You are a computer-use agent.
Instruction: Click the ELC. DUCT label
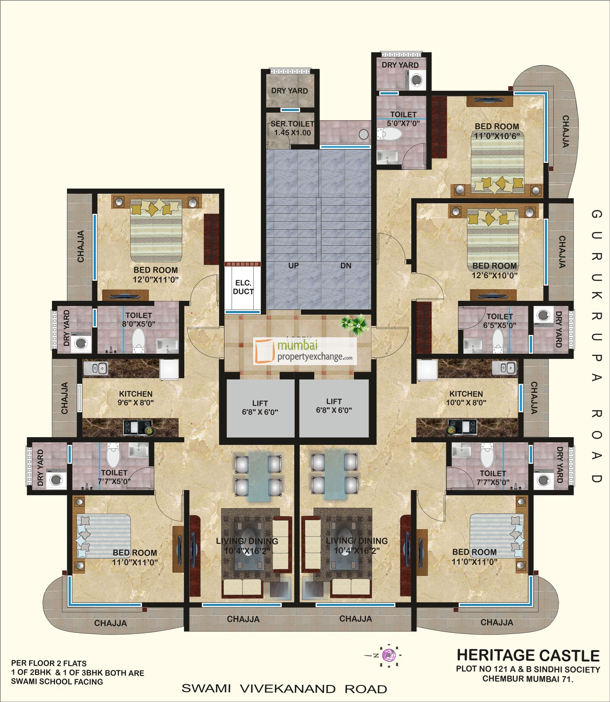click(243, 287)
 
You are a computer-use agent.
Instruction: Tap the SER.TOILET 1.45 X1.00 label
click(292, 128)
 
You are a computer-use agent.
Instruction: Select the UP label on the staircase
click(293, 266)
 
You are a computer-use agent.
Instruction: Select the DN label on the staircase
click(345, 266)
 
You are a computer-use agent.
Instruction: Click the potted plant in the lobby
click(355, 324)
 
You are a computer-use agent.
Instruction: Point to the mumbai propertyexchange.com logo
click(305, 351)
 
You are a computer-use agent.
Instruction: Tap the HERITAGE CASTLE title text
click(528, 655)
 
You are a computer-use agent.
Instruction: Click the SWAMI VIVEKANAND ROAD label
click(284, 689)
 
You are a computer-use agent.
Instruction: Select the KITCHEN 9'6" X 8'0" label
click(136, 398)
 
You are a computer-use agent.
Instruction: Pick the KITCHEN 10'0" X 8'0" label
click(466, 398)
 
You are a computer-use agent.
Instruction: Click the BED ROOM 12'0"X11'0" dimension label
click(156, 275)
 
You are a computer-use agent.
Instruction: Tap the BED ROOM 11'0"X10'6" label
click(497, 131)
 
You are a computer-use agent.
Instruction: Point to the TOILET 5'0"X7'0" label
click(403, 118)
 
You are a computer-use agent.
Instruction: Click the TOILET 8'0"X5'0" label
click(139, 320)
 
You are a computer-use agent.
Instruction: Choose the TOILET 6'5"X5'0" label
click(499, 320)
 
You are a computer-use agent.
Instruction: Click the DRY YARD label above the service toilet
click(289, 91)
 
